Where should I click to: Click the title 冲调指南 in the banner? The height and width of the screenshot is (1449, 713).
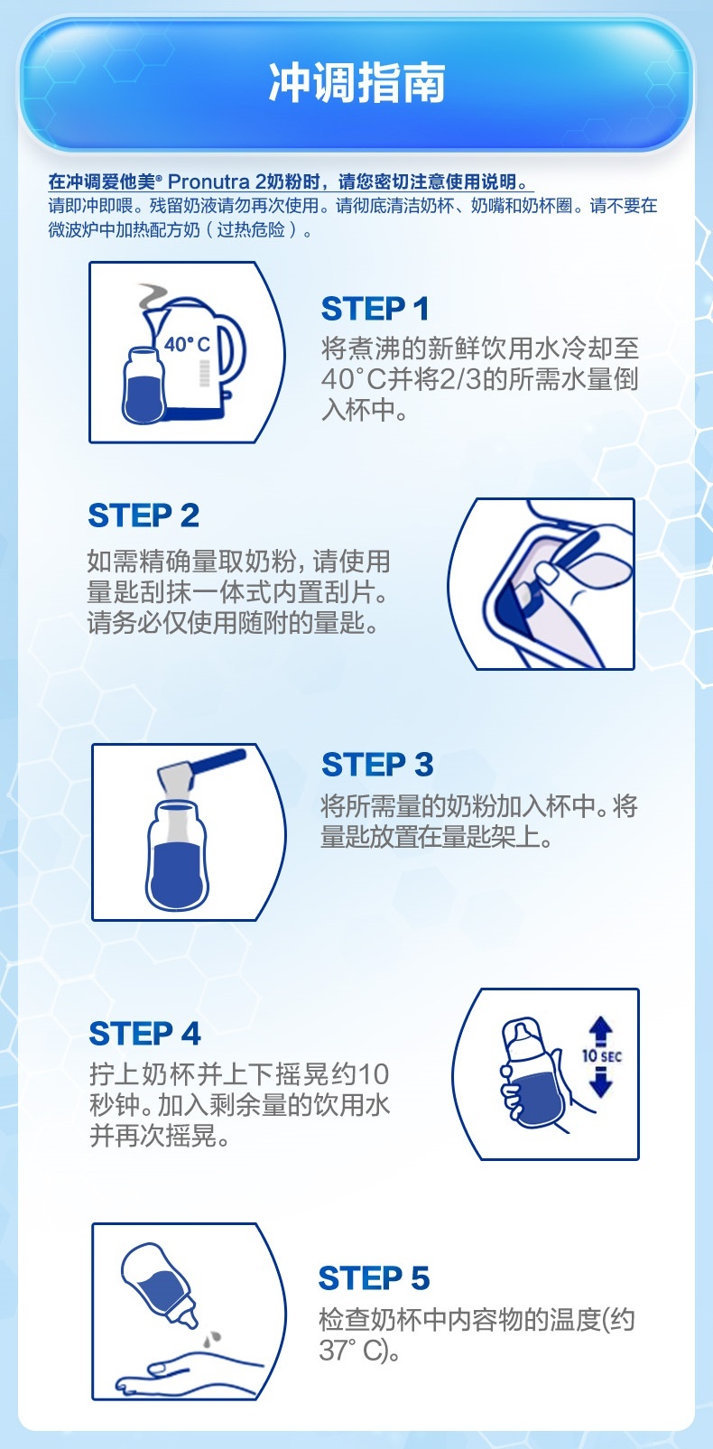coord(356,83)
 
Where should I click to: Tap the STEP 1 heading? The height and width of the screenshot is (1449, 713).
coord(375,309)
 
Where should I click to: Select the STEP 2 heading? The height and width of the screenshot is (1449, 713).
coord(144,516)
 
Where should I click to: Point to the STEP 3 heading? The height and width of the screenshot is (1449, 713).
coord(377,764)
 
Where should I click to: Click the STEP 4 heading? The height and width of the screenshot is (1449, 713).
coord(144,1033)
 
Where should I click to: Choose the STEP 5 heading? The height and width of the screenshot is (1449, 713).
coord(375,1277)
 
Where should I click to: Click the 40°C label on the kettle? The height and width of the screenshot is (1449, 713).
coord(187,344)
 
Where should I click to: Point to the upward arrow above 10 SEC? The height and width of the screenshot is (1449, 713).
coord(601,1030)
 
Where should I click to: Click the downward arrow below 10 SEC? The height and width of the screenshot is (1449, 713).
coord(601,1082)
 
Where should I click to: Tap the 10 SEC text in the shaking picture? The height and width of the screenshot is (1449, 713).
coord(602,1055)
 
